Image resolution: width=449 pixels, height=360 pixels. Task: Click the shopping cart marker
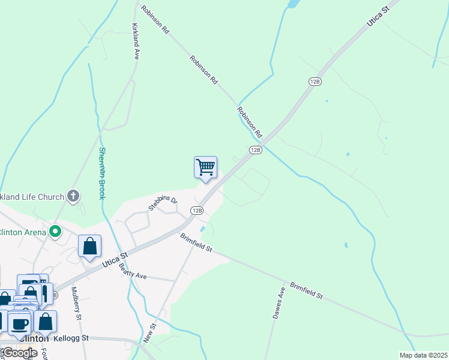[x=205, y=167]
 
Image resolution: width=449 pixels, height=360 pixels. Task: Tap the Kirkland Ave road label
[x=136, y=41]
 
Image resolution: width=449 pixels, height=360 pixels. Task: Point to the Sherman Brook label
[x=102, y=173]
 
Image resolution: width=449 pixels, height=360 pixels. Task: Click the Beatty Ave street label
[x=133, y=274]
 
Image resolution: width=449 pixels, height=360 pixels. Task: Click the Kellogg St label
[x=71, y=338]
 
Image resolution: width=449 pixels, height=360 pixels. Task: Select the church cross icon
[x=73, y=196]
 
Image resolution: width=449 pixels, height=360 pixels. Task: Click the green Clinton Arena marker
[x=56, y=230]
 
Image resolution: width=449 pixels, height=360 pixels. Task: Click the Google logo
[x=19, y=352]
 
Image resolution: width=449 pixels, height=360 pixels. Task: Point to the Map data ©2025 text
[x=423, y=355]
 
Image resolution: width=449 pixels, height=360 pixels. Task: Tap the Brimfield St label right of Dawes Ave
[x=307, y=292]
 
